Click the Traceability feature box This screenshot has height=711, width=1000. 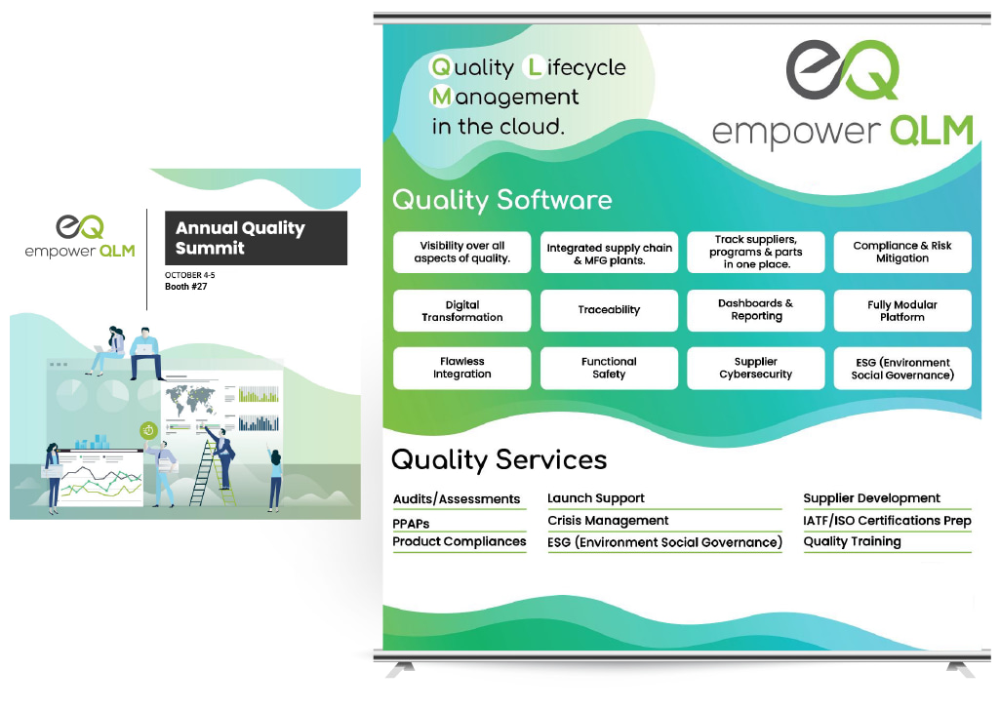pyautogui.click(x=609, y=310)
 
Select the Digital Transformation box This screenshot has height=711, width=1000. pyautogui.click(x=461, y=310)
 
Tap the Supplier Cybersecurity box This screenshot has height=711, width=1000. pyautogui.click(x=756, y=368)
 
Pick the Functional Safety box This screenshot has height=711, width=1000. pyautogui.click(x=609, y=368)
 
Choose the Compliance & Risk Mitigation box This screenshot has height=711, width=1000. pyautogui.click(x=902, y=253)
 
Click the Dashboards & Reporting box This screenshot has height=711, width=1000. pyautogui.click(x=756, y=310)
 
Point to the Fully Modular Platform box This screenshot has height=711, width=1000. pyautogui.click(x=902, y=310)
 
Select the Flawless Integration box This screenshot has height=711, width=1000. pyautogui.click(x=461, y=368)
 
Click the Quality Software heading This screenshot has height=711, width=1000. pyautogui.click(x=501, y=200)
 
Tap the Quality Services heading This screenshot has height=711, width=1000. pyautogui.click(x=499, y=459)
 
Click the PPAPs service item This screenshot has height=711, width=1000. pyautogui.click(x=411, y=524)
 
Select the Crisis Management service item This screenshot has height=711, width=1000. pyautogui.click(x=608, y=521)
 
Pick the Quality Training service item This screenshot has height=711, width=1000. pyautogui.click(x=852, y=542)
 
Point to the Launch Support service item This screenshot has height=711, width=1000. pyautogui.click(x=596, y=498)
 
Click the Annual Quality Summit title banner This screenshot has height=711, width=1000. pyautogui.click(x=256, y=238)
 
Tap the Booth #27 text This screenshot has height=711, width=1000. pyautogui.click(x=185, y=287)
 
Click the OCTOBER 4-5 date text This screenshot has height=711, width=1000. pyautogui.click(x=189, y=275)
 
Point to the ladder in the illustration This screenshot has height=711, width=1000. pyautogui.click(x=209, y=473)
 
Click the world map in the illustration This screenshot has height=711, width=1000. pyautogui.click(x=190, y=401)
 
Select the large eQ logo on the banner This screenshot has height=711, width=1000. pyautogui.click(x=843, y=70)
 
